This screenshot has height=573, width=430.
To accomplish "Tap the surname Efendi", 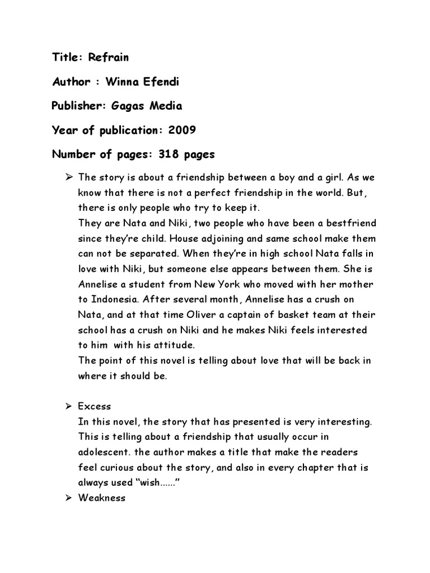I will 163,82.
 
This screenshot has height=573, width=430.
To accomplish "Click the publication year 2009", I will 181,130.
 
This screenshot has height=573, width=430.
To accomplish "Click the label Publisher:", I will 78,106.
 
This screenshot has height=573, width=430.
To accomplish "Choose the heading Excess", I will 95,406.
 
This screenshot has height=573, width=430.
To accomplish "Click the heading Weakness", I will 102,497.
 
